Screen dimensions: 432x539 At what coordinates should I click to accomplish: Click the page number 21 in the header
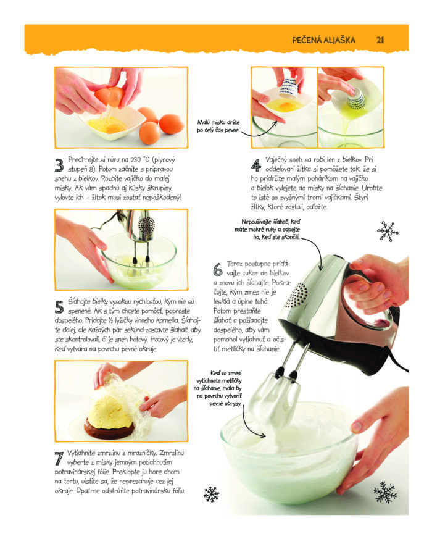[380, 40]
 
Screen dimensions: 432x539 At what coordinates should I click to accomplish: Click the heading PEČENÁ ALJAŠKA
[323, 40]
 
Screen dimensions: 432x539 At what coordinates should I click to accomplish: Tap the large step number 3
[59, 165]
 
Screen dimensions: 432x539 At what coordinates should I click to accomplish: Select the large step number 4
[255, 165]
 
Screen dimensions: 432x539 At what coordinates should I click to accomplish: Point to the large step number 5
[59, 307]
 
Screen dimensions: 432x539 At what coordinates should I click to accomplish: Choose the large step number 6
[218, 269]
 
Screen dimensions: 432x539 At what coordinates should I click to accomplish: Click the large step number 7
[59, 459]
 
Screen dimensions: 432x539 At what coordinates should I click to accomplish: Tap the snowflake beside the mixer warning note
[388, 232]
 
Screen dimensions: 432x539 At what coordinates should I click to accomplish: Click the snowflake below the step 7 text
[211, 495]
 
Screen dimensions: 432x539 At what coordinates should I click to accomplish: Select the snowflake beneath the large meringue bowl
[385, 493]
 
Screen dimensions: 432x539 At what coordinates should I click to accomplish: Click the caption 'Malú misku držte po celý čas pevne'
[218, 126]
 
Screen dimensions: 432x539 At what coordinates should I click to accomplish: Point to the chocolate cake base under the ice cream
[109, 428]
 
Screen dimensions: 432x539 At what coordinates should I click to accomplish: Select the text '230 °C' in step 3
[140, 159]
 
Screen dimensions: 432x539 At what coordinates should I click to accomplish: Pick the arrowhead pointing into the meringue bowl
[262, 435]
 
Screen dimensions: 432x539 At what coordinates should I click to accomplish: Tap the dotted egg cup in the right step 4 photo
[355, 99]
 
